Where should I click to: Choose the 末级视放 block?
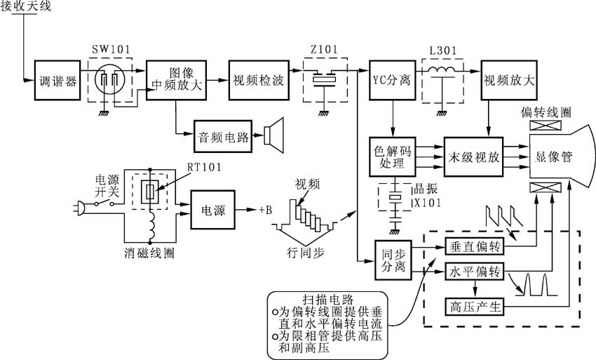click(x=475, y=159)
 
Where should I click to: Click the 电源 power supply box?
click(x=213, y=209)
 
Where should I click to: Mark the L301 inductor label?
click(x=442, y=51)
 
